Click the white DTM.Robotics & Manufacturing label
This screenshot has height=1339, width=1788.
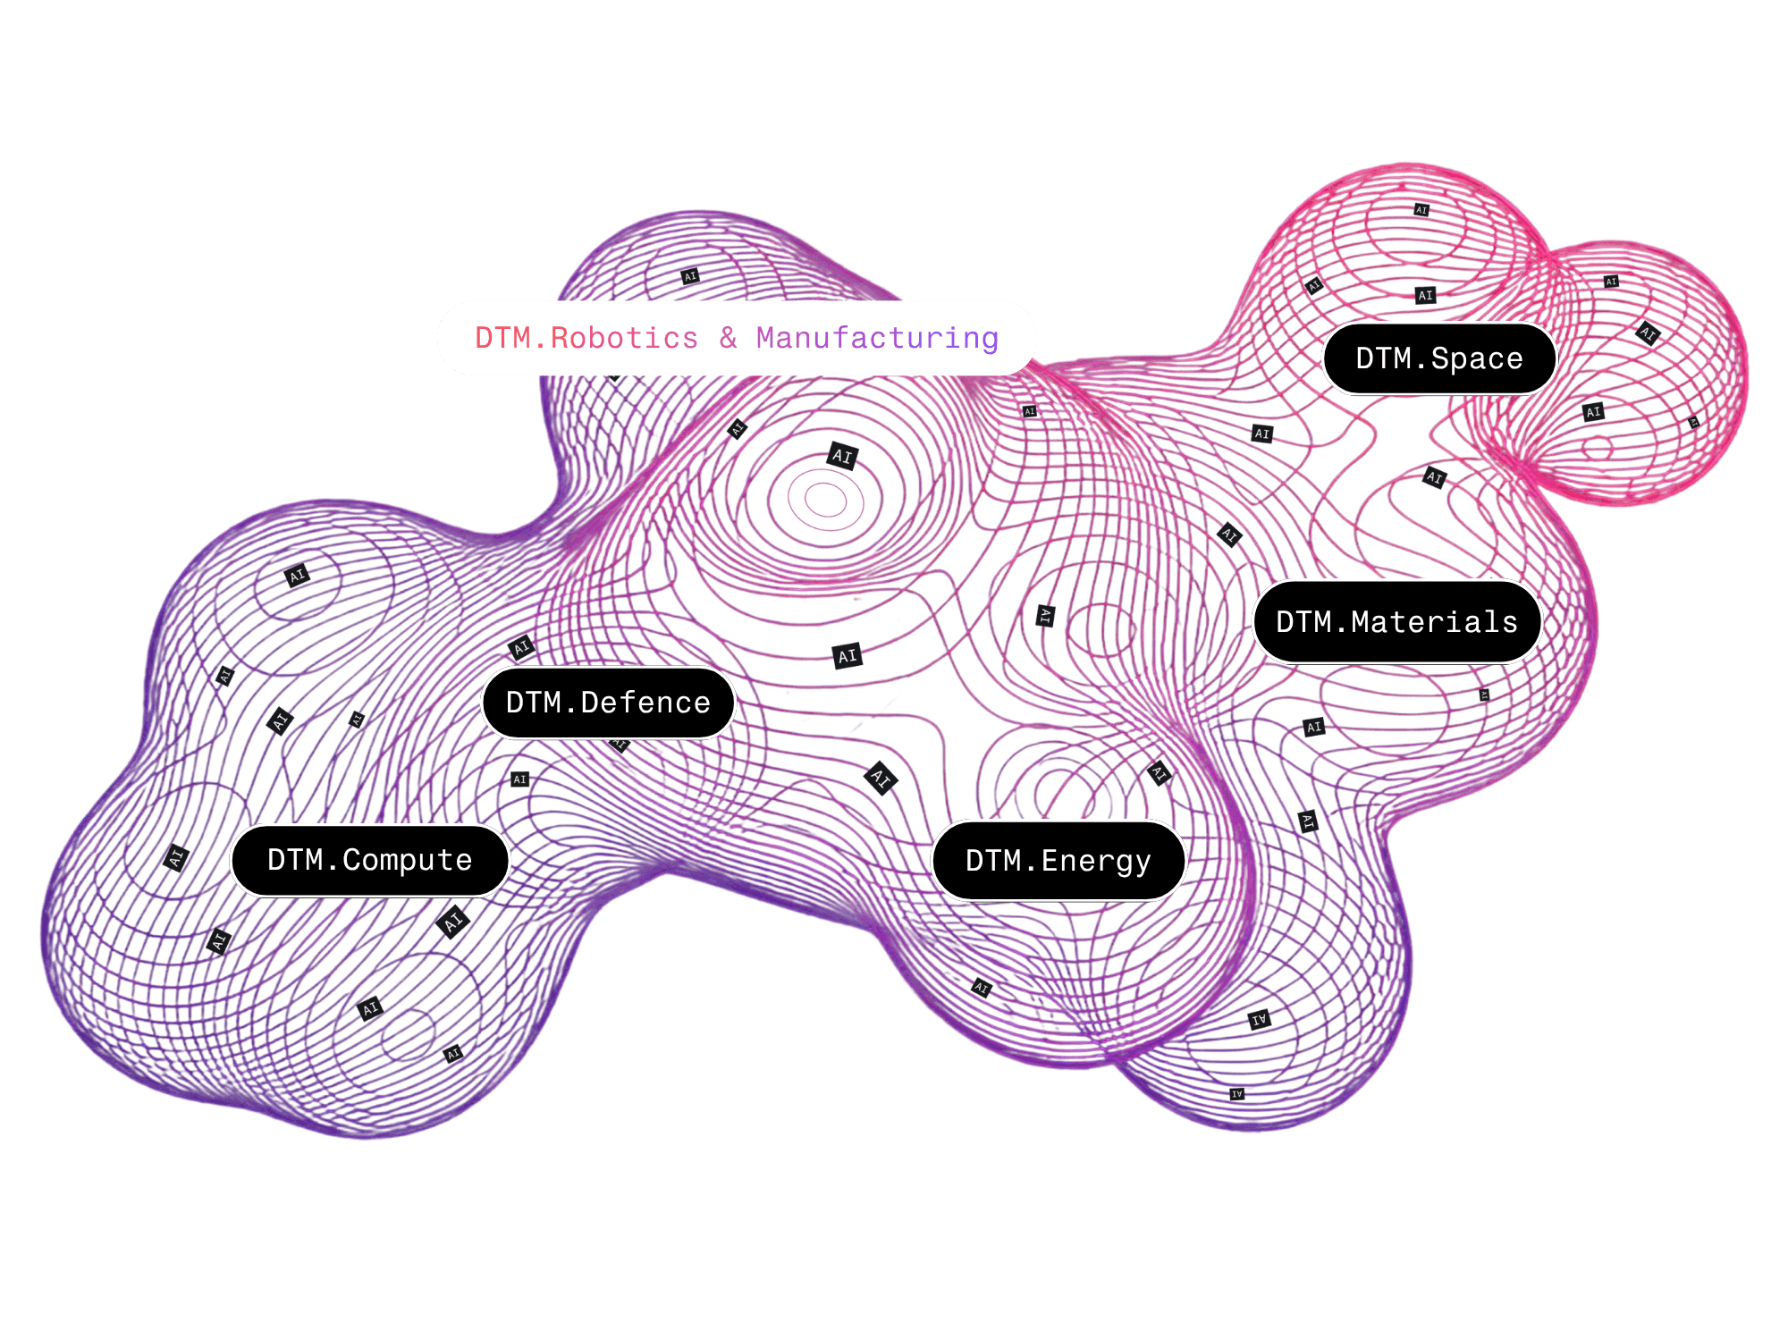(x=736, y=338)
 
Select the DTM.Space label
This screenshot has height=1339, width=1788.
(x=1438, y=358)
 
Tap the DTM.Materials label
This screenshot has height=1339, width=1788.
(x=1396, y=621)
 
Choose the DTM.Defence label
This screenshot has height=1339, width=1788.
(x=608, y=703)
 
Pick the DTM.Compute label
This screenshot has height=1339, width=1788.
(x=369, y=860)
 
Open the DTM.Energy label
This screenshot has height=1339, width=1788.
(x=1058, y=860)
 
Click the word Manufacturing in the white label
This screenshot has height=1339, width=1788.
(x=877, y=338)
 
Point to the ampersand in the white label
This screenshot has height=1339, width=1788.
(x=728, y=337)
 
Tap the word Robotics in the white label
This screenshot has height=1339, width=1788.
(x=624, y=338)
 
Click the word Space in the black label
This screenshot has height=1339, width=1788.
(x=1476, y=358)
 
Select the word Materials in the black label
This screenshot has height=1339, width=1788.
(x=1434, y=621)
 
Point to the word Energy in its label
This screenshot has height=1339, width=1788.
(x=1096, y=861)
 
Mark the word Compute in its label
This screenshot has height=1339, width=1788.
(x=407, y=860)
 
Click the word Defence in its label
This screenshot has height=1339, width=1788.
(x=645, y=703)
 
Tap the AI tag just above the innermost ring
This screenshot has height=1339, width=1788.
(x=842, y=456)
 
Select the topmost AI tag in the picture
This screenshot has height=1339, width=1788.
(x=1421, y=210)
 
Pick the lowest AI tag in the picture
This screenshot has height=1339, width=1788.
(x=1237, y=1094)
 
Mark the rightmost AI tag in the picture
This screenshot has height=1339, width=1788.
(x=1693, y=422)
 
